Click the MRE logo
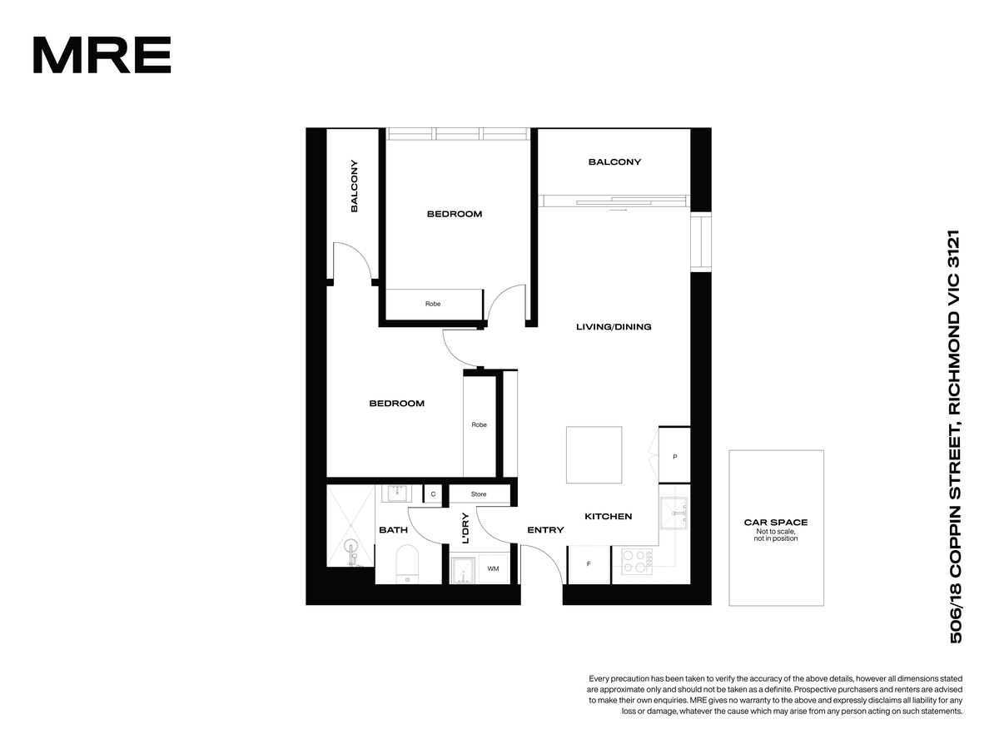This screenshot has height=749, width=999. coord(102,55)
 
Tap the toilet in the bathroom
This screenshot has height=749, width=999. coord(407,564)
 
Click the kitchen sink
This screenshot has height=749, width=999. coord(673,513)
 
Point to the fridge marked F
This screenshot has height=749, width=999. coord(589,564)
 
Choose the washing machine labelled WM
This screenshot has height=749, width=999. coord(493,568)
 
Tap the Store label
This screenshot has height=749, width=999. coord(479,494)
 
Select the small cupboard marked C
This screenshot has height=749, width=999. coord(433,494)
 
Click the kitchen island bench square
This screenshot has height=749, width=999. coord(594,454)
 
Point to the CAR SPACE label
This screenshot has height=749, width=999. coord(776,523)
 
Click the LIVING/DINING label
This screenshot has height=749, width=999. coord(614,326)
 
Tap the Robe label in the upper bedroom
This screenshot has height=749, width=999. coord(433,304)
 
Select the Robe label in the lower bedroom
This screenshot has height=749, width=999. coord(479,424)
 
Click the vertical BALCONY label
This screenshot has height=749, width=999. coord(354,186)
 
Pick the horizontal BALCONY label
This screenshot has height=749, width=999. coord(614,162)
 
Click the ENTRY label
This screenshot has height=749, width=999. coord(545,530)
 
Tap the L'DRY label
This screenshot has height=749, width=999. coord(465,528)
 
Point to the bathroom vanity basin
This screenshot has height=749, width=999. coord(396,493)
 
